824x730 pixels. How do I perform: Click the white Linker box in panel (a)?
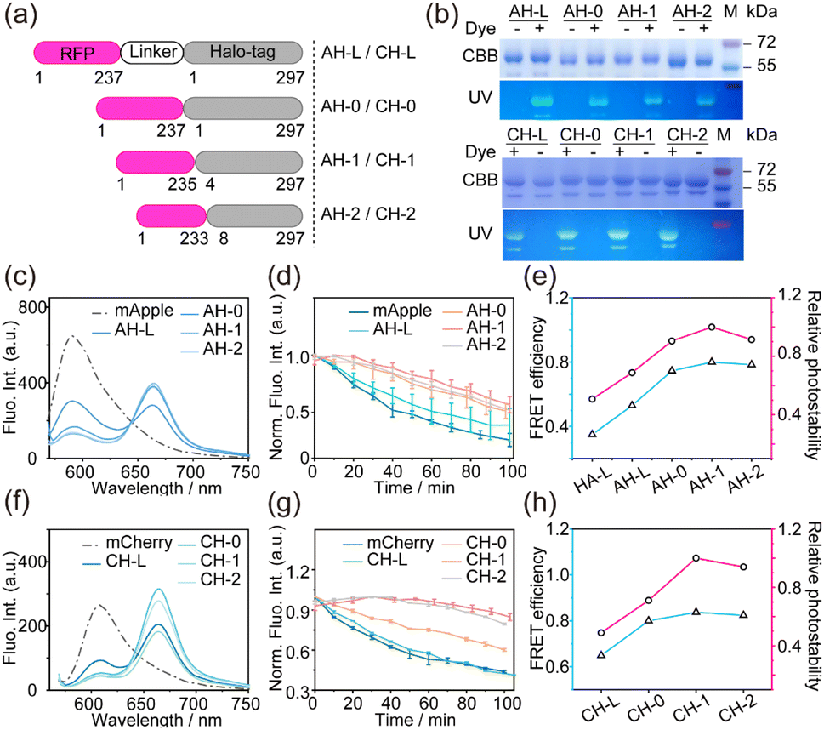152,52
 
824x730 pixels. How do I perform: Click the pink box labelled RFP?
77,53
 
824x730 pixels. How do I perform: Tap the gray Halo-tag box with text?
243,52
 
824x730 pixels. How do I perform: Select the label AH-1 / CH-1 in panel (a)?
368,160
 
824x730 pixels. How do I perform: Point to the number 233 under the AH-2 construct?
194,238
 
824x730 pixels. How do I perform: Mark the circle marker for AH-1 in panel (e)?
712,327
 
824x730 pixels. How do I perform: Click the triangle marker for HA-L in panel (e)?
592,433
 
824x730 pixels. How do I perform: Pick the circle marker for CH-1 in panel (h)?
696,558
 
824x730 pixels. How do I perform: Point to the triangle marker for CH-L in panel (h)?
601,654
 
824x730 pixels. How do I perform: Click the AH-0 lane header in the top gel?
583,12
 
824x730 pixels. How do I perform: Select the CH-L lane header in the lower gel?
526,135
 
